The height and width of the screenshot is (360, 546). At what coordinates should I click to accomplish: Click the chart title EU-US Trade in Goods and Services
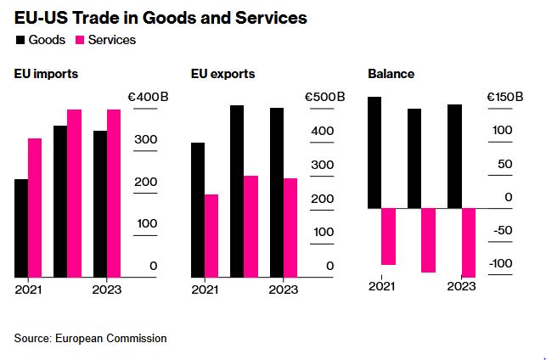(160, 17)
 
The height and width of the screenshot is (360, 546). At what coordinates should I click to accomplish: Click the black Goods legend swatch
(20, 39)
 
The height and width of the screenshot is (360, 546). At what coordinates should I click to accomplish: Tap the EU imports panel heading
(46, 74)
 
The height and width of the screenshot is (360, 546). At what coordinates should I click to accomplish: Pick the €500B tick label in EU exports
(324, 97)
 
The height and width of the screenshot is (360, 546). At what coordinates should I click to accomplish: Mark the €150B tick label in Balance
(504, 97)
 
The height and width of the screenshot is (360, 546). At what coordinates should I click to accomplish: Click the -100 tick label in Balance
(501, 263)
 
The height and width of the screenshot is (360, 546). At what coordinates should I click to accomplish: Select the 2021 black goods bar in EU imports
(21, 228)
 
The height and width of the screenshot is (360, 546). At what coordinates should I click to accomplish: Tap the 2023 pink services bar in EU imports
(114, 194)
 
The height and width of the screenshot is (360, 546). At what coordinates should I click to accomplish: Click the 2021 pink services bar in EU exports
(211, 235)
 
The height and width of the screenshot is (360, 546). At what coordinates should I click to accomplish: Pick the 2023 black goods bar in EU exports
(277, 192)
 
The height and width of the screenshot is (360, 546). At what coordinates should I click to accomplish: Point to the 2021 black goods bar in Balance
(374, 152)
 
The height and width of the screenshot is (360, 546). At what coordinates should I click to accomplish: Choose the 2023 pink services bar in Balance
(468, 242)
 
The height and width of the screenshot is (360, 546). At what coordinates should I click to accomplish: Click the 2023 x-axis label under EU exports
(284, 290)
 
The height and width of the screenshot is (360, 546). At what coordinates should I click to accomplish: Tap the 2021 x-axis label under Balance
(381, 285)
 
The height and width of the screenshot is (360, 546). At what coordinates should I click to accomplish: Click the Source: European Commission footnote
(90, 338)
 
